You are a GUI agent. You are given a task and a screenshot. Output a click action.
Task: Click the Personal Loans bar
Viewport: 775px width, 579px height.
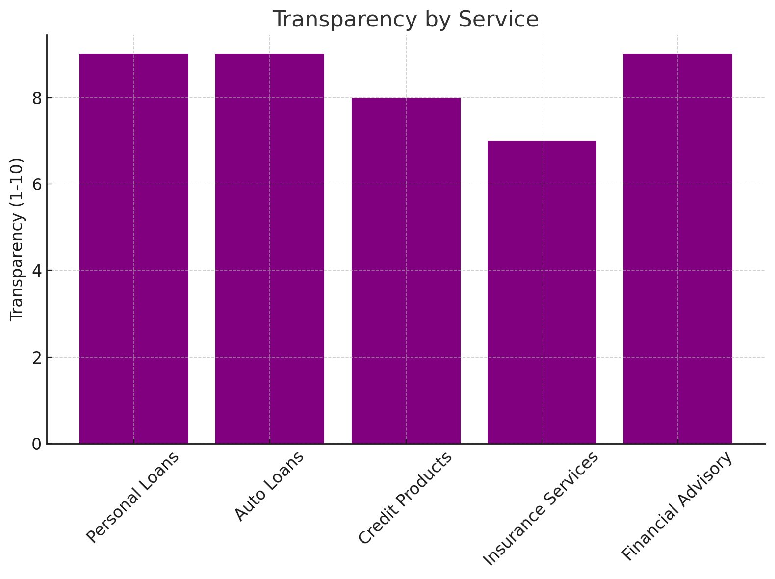134,248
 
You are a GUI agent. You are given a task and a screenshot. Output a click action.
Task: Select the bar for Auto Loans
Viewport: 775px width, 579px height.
270,248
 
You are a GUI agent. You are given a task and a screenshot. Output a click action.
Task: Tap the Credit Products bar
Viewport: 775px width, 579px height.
406,270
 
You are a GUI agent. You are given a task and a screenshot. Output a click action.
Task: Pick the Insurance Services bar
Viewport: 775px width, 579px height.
542,292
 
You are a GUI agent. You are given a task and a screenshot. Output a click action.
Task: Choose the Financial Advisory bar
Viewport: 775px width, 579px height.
678,248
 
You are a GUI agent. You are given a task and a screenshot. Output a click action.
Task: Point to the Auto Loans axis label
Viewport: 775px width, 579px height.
269,486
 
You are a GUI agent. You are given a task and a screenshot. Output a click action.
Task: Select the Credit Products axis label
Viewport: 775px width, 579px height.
405,498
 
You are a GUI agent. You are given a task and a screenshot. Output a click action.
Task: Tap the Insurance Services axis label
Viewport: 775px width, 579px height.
541,508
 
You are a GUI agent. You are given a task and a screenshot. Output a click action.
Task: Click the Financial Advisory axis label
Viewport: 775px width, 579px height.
677,506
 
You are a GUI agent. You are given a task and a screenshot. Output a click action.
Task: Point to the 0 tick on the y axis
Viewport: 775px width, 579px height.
37,444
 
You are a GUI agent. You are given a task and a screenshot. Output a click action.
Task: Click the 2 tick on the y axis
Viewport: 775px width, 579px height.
37,358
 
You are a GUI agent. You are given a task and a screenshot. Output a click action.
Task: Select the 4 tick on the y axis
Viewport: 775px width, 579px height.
37,271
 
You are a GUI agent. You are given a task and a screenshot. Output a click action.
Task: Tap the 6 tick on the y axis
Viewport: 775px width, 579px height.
37,184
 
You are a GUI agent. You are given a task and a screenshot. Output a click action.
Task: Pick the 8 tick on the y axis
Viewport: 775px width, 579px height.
37,98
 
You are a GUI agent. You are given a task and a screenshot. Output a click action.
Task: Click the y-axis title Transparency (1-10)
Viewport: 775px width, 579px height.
17,239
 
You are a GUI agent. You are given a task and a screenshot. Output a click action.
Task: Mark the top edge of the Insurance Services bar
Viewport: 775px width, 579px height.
542,141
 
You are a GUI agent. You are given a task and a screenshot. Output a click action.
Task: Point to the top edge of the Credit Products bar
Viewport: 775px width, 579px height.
406,98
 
